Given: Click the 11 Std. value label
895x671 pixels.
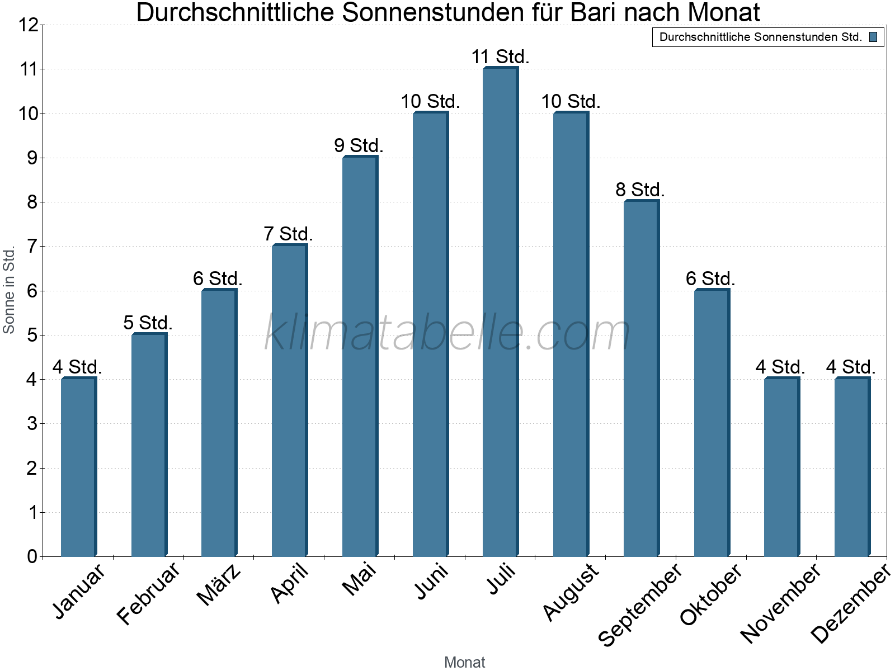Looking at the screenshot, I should pos(500,57).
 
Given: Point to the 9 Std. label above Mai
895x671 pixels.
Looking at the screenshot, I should pos(359,146).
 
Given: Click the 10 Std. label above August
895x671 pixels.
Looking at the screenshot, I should pos(571,102).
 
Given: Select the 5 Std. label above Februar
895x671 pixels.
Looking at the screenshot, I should pos(148,323).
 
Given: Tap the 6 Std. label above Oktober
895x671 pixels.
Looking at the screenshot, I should pos(710,278).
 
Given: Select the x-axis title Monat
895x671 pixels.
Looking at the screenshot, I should pos(464,662).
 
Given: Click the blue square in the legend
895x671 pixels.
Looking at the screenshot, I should pos(873,37).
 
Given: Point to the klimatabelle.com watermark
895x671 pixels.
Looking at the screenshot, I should pos(447,333).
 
